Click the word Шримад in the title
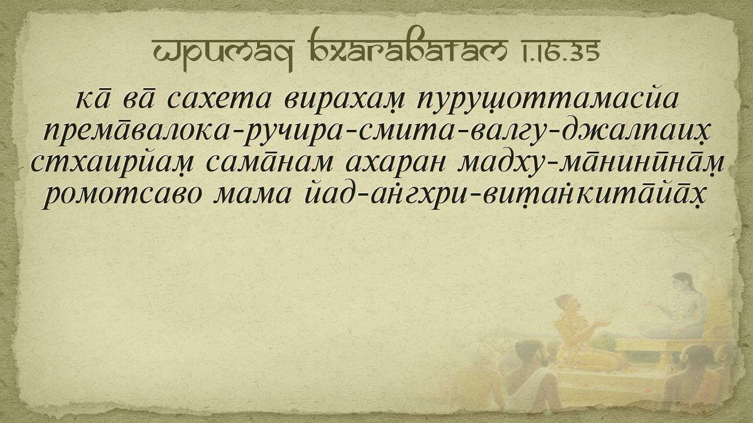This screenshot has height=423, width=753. pos(223,53)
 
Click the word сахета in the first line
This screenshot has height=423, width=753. pos(219,100)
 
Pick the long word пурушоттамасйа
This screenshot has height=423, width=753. pos(547,100)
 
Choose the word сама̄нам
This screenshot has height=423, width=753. pos(270,164)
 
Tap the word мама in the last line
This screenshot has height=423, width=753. pos(252,196)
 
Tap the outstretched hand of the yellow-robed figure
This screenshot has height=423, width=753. pos(602,323)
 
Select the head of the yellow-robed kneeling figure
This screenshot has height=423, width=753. pos(567,303)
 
